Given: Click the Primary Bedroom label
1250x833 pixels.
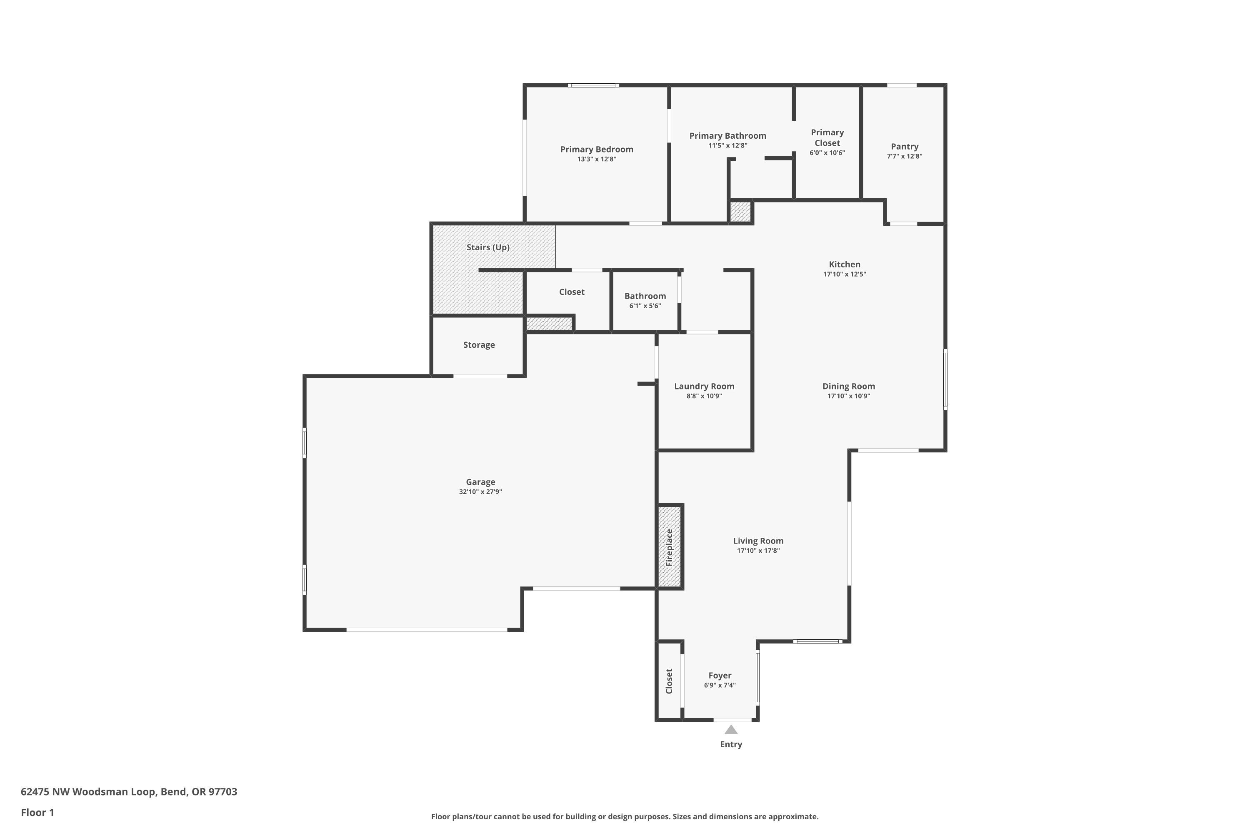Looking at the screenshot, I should point(596,149).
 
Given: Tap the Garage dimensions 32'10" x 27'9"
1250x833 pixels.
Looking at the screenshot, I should point(480,492).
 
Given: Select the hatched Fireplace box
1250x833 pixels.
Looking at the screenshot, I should point(670,546).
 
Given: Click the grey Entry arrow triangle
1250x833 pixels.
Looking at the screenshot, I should point(731,730).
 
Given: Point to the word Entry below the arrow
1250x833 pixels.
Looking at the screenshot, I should point(731,744).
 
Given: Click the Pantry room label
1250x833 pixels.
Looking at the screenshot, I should point(904,147).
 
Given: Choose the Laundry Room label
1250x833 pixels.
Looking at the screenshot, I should point(704,386).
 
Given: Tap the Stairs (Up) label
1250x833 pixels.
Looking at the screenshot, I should point(487,247).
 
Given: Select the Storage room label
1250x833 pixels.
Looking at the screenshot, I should point(478,345).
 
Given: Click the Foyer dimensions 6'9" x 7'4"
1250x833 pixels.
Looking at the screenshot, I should point(720,685).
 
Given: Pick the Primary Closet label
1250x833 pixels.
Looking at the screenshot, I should point(827,137).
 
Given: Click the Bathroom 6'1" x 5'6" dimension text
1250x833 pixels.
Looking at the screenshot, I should point(645,306).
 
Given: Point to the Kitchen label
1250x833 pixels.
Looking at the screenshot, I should point(844,264).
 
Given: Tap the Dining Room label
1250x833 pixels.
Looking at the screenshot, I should point(848,386).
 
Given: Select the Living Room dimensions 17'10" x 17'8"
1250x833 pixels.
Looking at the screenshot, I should point(758,550).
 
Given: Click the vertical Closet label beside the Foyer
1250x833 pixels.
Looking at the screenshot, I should point(669,681).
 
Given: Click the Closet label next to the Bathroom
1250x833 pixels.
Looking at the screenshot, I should point(571,292).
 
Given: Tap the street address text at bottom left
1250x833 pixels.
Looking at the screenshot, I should point(129,792).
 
